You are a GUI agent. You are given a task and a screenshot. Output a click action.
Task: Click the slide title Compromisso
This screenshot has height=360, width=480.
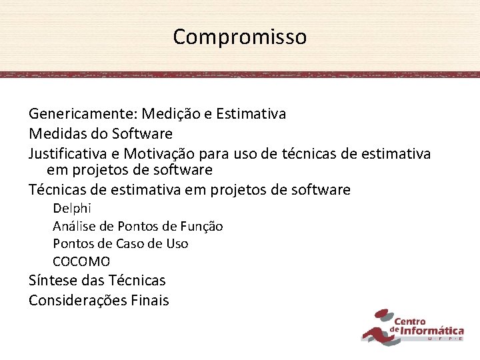click(x=240, y=37)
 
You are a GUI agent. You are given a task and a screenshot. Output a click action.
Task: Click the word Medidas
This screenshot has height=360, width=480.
click(x=57, y=134)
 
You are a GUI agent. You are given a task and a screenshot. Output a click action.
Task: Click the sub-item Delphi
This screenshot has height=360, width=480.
click(x=72, y=208)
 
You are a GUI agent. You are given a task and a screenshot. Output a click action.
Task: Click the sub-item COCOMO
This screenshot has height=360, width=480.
click(x=81, y=261)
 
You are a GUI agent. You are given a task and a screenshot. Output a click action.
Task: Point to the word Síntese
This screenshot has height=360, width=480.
click(x=53, y=281)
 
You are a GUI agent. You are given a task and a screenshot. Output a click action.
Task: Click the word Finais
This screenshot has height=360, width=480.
click(x=151, y=301)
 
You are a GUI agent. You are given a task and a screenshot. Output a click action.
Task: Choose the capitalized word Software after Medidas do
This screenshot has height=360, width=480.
click(x=142, y=134)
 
